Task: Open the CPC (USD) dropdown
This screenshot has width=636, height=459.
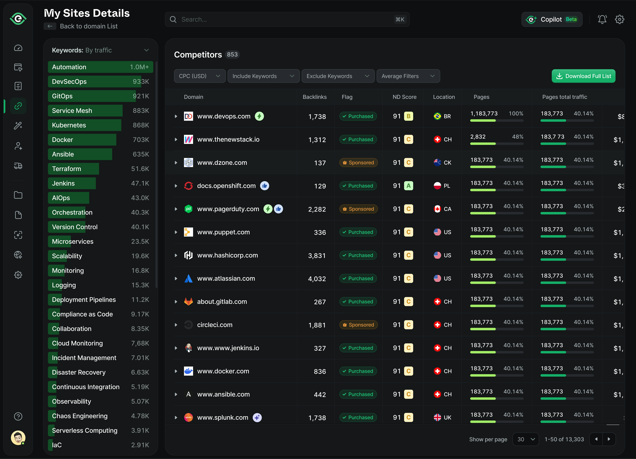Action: pos(199,76)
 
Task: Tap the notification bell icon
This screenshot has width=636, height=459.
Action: pos(602,19)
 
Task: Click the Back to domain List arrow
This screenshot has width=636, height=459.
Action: pos(50,26)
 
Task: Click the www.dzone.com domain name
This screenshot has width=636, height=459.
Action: pos(222,163)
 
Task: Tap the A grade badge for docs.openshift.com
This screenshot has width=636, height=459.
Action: pos(408,186)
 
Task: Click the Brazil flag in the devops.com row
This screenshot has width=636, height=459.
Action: pos(437,116)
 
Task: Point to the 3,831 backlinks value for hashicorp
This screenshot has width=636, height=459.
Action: pos(317,255)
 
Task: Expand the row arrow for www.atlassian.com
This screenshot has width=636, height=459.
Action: pos(176,278)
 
